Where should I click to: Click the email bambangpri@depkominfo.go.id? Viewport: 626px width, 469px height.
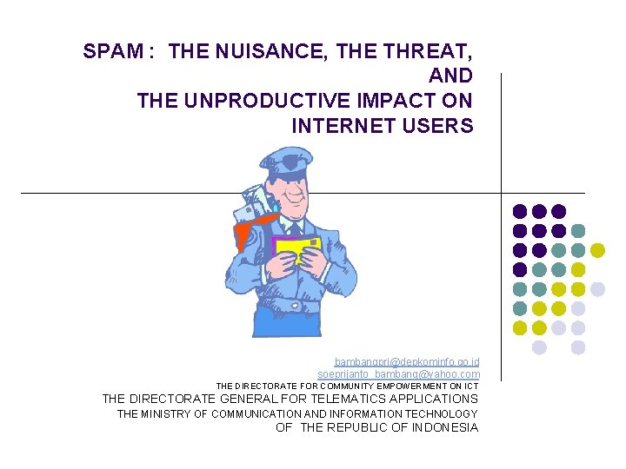407,361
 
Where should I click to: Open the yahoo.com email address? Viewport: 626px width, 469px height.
398,374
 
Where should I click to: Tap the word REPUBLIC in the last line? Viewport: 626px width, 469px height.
370,427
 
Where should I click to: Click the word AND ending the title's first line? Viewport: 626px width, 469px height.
450,76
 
